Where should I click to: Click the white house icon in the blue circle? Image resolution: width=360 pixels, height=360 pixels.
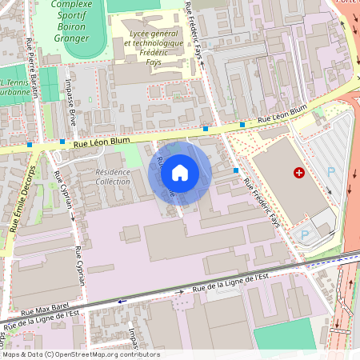180,172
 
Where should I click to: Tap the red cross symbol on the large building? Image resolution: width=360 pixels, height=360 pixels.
299,172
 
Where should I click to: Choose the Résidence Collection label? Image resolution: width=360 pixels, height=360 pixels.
113,177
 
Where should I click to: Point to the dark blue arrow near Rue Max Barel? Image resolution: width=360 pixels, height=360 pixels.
122,302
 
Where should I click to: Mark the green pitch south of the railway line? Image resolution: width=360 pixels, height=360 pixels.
284,335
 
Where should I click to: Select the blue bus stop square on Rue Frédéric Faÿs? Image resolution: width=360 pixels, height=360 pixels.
236,170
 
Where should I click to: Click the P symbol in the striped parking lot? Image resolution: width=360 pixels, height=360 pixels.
331,172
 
